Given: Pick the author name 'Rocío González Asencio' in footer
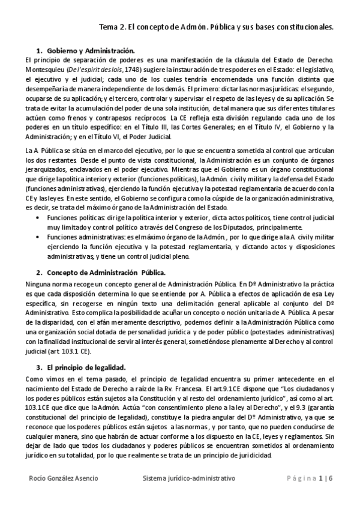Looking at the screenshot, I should pos(63,478).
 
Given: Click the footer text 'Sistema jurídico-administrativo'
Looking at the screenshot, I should pos(189,478).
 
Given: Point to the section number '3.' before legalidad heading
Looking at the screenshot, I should pos(40,367).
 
